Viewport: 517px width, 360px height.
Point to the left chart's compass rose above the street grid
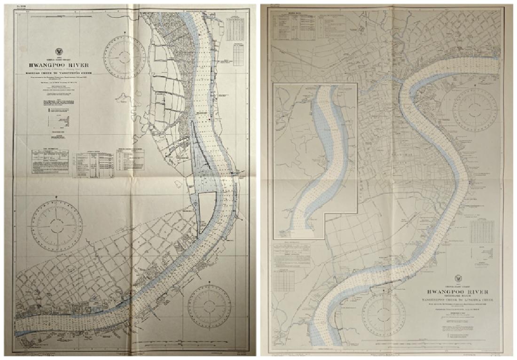[x=56, y=221]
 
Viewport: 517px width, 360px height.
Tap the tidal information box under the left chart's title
[x=50, y=161]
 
